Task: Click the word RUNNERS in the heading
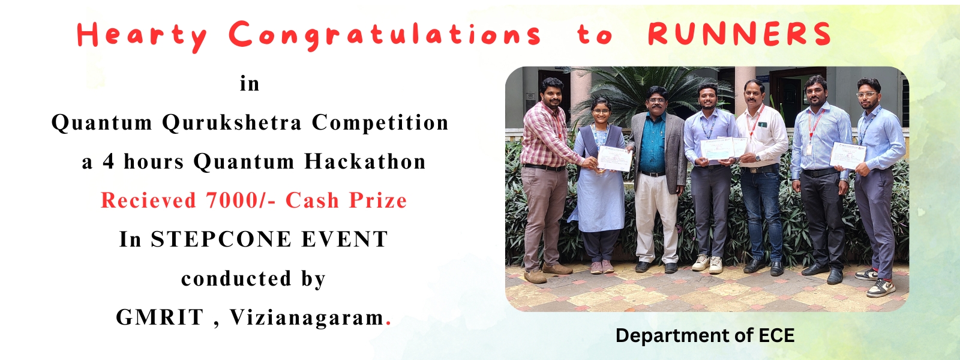[739, 34]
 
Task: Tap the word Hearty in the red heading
[142, 36]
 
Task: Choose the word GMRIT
[160, 317]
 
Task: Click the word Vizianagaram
[307, 317]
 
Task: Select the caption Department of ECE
[705, 335]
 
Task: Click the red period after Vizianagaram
[388, 325]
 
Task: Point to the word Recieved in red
[148, 200]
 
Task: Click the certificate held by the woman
[614, 158]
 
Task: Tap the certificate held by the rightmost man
[847, 155]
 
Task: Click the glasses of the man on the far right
[866, 94]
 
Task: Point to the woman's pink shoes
[602, 267]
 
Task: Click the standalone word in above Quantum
[250, 83]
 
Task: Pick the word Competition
[380, 122]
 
